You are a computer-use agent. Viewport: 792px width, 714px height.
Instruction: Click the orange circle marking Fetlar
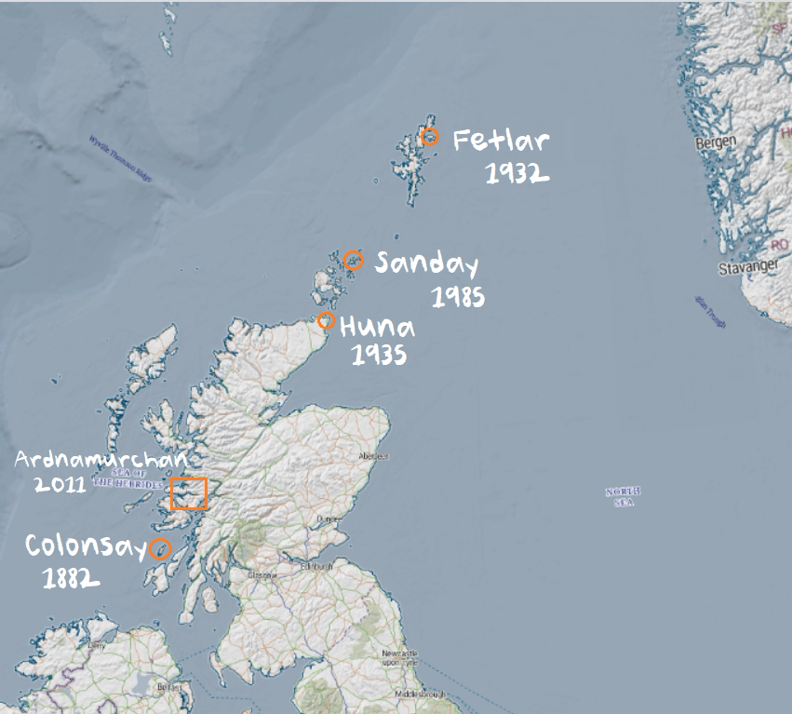pos(430,138)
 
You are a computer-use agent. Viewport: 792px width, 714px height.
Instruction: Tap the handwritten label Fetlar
pos(501,141)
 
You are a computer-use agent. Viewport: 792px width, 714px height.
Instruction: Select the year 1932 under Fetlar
pos(516,173)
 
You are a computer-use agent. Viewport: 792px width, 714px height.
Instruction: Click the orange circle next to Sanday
pos(353,261)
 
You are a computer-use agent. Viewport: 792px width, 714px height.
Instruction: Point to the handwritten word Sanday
pos(426,264)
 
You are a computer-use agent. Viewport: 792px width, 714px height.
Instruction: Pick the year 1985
pos(458,297)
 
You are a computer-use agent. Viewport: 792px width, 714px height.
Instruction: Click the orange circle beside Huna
pos(327,321)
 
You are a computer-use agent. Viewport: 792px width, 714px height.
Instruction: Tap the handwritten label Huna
pos(378,328)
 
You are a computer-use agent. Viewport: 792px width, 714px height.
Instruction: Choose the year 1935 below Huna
pos(379,355)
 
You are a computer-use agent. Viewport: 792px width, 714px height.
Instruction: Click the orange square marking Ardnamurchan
pos(189,493)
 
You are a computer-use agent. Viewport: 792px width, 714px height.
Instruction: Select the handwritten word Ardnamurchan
pos(101,460)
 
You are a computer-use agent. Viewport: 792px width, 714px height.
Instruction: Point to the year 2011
pos(60,484)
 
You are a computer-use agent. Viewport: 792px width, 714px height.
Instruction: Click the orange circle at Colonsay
pos(161,547)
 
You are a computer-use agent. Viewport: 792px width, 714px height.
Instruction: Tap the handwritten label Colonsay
pos(85,546)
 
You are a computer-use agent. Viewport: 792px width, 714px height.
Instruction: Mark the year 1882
pos(71,579)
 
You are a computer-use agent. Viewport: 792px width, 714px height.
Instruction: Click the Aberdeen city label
pos(373,457)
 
